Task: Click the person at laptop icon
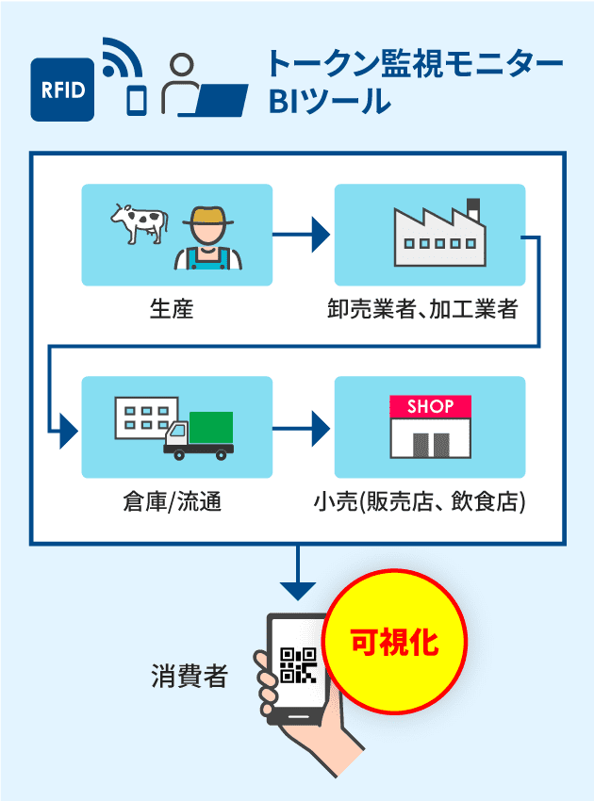(202, 87)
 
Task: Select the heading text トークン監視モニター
(414, 65)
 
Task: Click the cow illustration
(139, 224)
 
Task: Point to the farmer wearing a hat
(207, 237)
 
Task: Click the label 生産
(172, 308)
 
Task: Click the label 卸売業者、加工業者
(429, 308)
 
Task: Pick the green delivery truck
(200, 434)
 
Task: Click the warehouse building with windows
(142, 417)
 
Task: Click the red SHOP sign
(430, 407)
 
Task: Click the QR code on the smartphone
(298, 665)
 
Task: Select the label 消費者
(190, 676)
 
